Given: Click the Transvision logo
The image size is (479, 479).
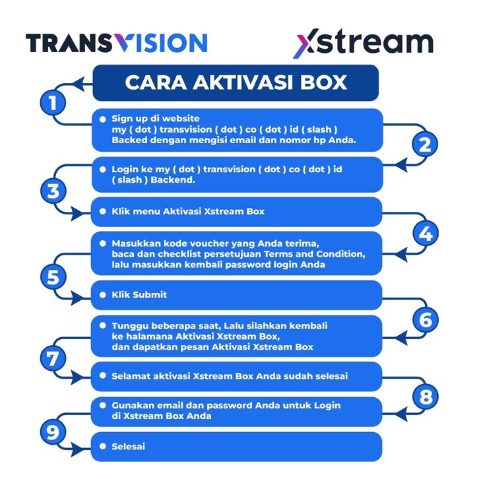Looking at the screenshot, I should (116, 44).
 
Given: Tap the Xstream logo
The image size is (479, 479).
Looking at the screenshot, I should (363, 43).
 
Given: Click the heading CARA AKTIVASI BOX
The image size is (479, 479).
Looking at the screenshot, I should (236, 82).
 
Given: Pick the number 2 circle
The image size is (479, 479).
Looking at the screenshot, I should (425, 144).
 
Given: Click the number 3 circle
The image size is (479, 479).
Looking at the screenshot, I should (53, 191).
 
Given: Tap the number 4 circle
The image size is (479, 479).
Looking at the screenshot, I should (425, 234).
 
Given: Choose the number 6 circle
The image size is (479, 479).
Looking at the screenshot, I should (425, 319).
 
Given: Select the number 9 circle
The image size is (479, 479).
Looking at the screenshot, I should (53, 432).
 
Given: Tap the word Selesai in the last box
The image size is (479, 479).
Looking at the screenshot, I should (129, 447).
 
